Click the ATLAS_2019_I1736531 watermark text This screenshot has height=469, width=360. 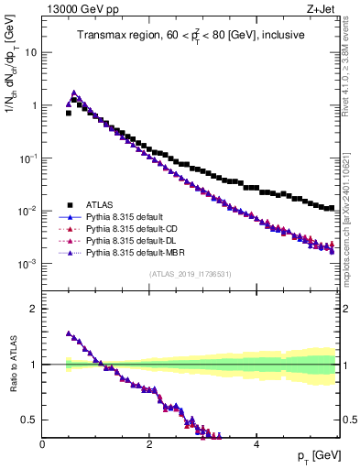191,275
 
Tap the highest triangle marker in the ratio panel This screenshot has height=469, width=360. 69,333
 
